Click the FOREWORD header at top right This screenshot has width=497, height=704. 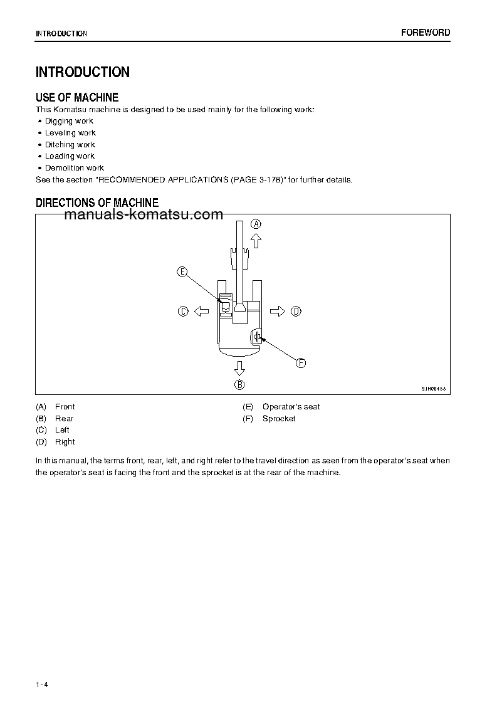pos(426,33)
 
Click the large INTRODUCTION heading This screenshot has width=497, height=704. pos(83,72)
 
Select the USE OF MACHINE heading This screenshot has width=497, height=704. pos(77,97)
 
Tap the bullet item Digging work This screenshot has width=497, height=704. pos(69,121)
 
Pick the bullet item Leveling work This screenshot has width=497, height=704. pos(70,133)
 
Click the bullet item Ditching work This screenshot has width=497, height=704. pos(70,145)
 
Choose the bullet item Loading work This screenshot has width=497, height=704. pos(70,156)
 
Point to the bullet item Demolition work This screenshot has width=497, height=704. pos(75,168)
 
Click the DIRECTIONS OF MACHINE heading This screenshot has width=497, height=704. pos(97,202)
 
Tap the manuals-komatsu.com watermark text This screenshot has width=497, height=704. pos(144,215)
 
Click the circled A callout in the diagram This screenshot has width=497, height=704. pos(256,224)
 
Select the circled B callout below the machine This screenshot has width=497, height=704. pos(239,384)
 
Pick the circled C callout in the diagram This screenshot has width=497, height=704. pos(183,311)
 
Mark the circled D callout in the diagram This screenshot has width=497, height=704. pos(296,311)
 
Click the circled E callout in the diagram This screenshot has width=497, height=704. pos(182,271)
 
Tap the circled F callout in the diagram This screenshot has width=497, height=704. pos(300,363)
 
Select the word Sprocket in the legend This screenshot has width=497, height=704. pos(279,419)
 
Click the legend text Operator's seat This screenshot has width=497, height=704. pos(291,407)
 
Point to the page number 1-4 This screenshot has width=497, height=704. pos(42,684)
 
